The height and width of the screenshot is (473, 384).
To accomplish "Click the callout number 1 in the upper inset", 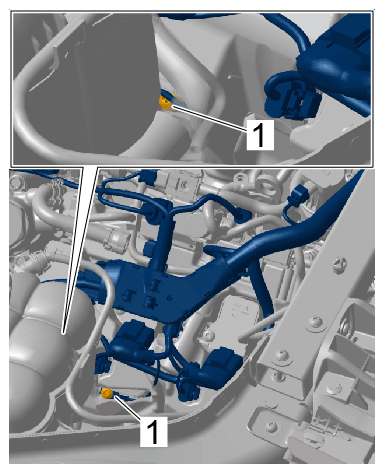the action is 259,135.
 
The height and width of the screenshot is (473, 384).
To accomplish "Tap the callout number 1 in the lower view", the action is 153,432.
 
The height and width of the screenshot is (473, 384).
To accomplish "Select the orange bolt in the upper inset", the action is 165,102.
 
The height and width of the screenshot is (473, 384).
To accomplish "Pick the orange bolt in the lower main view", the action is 107,394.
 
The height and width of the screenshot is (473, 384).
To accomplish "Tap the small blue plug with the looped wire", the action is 298,196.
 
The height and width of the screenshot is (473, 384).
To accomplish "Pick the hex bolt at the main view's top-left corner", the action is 16,182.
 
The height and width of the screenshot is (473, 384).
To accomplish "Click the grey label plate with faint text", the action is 241,313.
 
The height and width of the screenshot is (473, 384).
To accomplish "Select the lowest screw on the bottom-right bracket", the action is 273,426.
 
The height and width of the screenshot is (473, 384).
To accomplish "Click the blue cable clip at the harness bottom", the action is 188,391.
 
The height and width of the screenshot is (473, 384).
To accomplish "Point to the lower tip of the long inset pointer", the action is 63,332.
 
